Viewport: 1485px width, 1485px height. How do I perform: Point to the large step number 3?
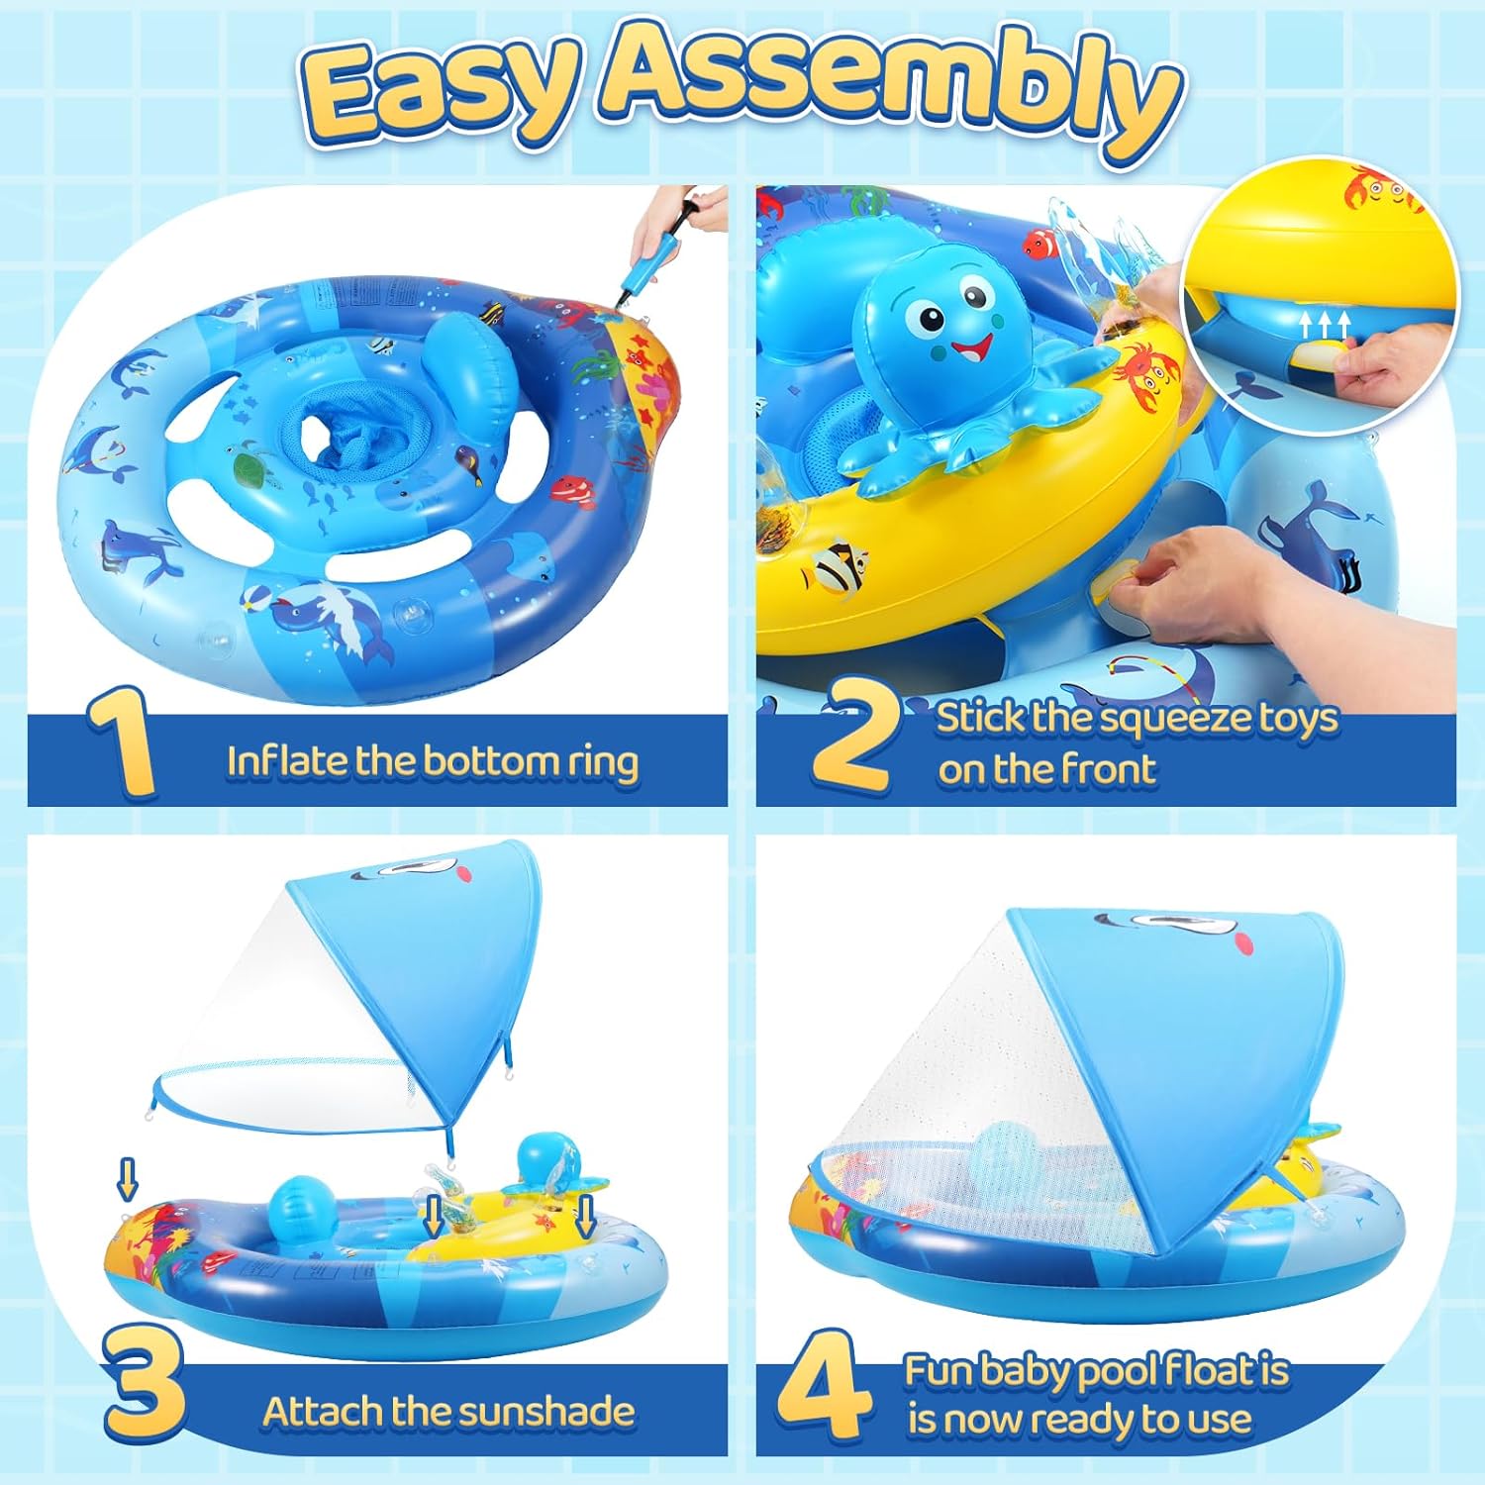click(145, 1386)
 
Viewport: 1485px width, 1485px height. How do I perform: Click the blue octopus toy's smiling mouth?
click(971, 348)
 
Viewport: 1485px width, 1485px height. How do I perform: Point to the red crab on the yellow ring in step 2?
click(1149, 368)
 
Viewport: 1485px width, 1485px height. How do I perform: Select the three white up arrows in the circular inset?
click(1325, 324)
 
